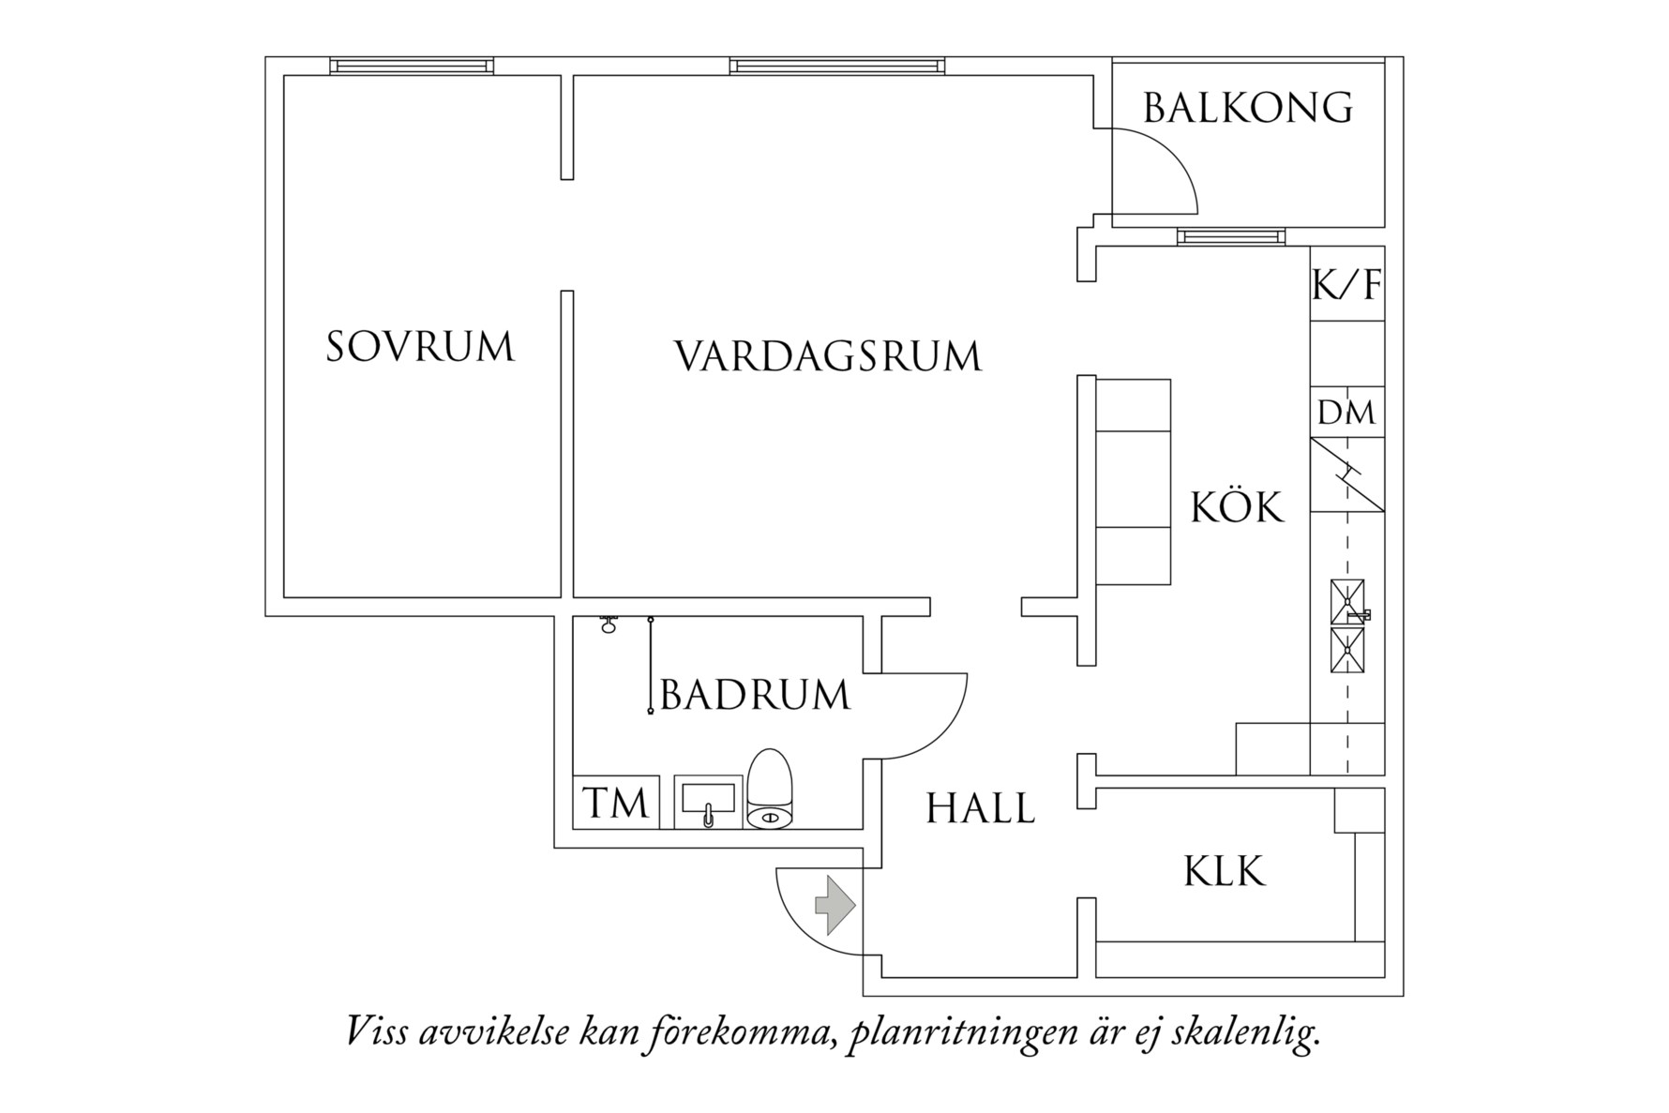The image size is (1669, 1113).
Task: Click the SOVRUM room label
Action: click(420, 347)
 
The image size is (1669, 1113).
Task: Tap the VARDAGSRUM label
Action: click(828, 357)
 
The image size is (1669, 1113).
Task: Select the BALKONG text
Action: click(1248, 109)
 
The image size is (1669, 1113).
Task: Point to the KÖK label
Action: click(1237, 507)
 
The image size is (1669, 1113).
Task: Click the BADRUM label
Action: click(755, 696)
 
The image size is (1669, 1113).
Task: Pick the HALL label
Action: click(981, 808)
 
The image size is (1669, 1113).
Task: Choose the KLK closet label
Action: click(1225, 871)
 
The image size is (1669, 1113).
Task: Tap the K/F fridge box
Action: click(1347, 284)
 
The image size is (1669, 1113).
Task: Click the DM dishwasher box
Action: click(1347, 413)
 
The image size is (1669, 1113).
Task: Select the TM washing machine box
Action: click(615, 804)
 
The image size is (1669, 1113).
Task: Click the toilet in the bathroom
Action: click(770, 790)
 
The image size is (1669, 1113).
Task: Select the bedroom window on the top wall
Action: click(412, 66)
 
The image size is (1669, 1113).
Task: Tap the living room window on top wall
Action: click(837, 66)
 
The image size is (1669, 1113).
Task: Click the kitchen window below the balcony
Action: click(1229, 236)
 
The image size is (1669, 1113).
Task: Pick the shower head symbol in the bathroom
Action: click(609, 624)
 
